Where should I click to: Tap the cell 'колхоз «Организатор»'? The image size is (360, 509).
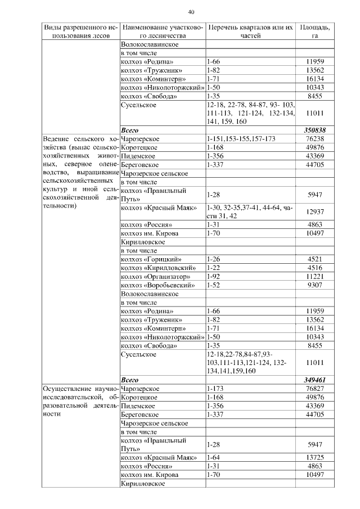tap(155, 277)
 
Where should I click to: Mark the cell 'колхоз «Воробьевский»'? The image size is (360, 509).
tap(157, 285)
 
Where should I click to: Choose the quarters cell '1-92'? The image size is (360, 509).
tap(213, 277)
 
